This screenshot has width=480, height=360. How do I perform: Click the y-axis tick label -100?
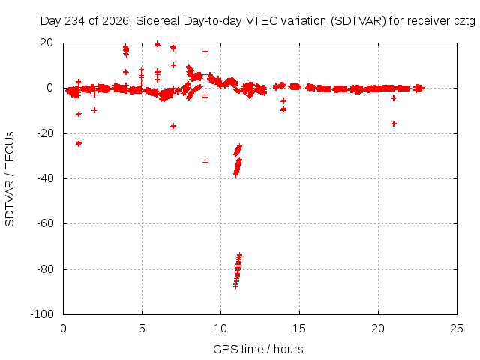point(42,314)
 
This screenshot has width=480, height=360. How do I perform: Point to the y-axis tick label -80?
point(45,269)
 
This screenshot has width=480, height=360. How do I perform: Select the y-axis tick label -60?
point(45,223)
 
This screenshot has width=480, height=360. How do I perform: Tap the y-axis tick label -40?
point(45,178)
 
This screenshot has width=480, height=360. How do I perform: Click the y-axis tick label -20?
point(45,133)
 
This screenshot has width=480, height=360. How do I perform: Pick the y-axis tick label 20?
point(46,43)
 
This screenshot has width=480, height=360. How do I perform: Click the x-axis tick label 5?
point(142,328)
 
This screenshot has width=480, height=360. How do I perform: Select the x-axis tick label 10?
point(220,328)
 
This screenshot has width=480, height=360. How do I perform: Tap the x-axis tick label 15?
point(299,328)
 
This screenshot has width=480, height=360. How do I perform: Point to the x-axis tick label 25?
point(457,328)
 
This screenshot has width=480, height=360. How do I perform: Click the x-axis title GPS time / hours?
point(258,349)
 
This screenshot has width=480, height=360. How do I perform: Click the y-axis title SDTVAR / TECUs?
point(10,179)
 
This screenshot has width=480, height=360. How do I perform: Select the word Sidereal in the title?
point(157,21)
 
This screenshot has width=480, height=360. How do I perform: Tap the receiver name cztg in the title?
point(465,22)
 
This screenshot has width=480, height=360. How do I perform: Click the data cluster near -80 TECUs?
point(238,270)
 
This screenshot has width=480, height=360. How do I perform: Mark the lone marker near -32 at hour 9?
point(205,161)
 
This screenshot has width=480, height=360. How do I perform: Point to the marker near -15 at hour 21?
point(394,124)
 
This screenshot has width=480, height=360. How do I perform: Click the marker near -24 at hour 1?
point(79,143)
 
